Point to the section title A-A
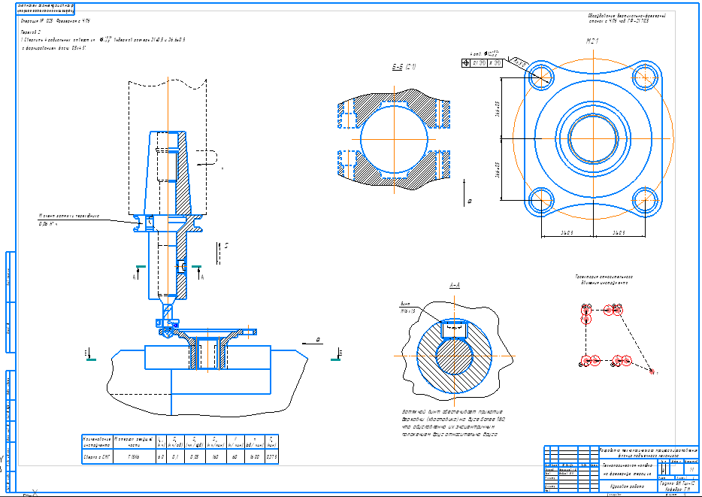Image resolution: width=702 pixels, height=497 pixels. (x=455, y=286)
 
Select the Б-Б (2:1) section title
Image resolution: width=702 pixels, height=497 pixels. (x=404, y=68)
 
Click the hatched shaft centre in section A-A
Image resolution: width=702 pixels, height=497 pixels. (x=454, y=356)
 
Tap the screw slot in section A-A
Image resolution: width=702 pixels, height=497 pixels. (x=454, y=329)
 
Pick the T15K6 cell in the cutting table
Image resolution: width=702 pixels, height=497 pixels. (x=135, y=456)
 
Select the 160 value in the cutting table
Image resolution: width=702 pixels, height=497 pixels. (x=215, y=456)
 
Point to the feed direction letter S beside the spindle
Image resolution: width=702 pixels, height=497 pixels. (x=225, y=245)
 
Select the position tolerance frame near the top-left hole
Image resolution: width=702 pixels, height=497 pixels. (x=486, y=62)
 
